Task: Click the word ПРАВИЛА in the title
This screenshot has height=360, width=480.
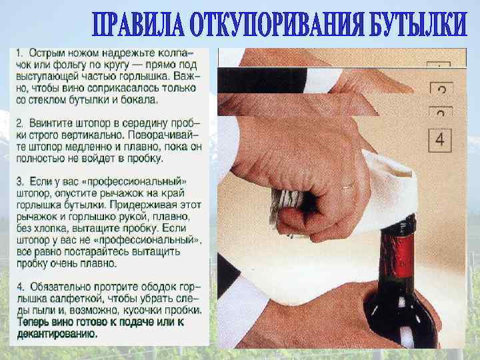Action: [139, 25]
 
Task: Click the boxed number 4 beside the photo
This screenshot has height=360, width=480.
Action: [440, 140]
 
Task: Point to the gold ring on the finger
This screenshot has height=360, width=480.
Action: [349, 186]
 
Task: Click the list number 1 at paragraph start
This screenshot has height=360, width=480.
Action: [19, 53]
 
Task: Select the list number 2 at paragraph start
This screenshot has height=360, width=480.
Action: [19, 124]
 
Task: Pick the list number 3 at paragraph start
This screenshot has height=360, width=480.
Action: [19, 182]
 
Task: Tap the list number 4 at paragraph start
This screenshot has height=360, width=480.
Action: [20, 287]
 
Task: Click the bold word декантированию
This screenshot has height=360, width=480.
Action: [57, 334]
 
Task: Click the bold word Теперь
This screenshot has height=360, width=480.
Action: [33, 322]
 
